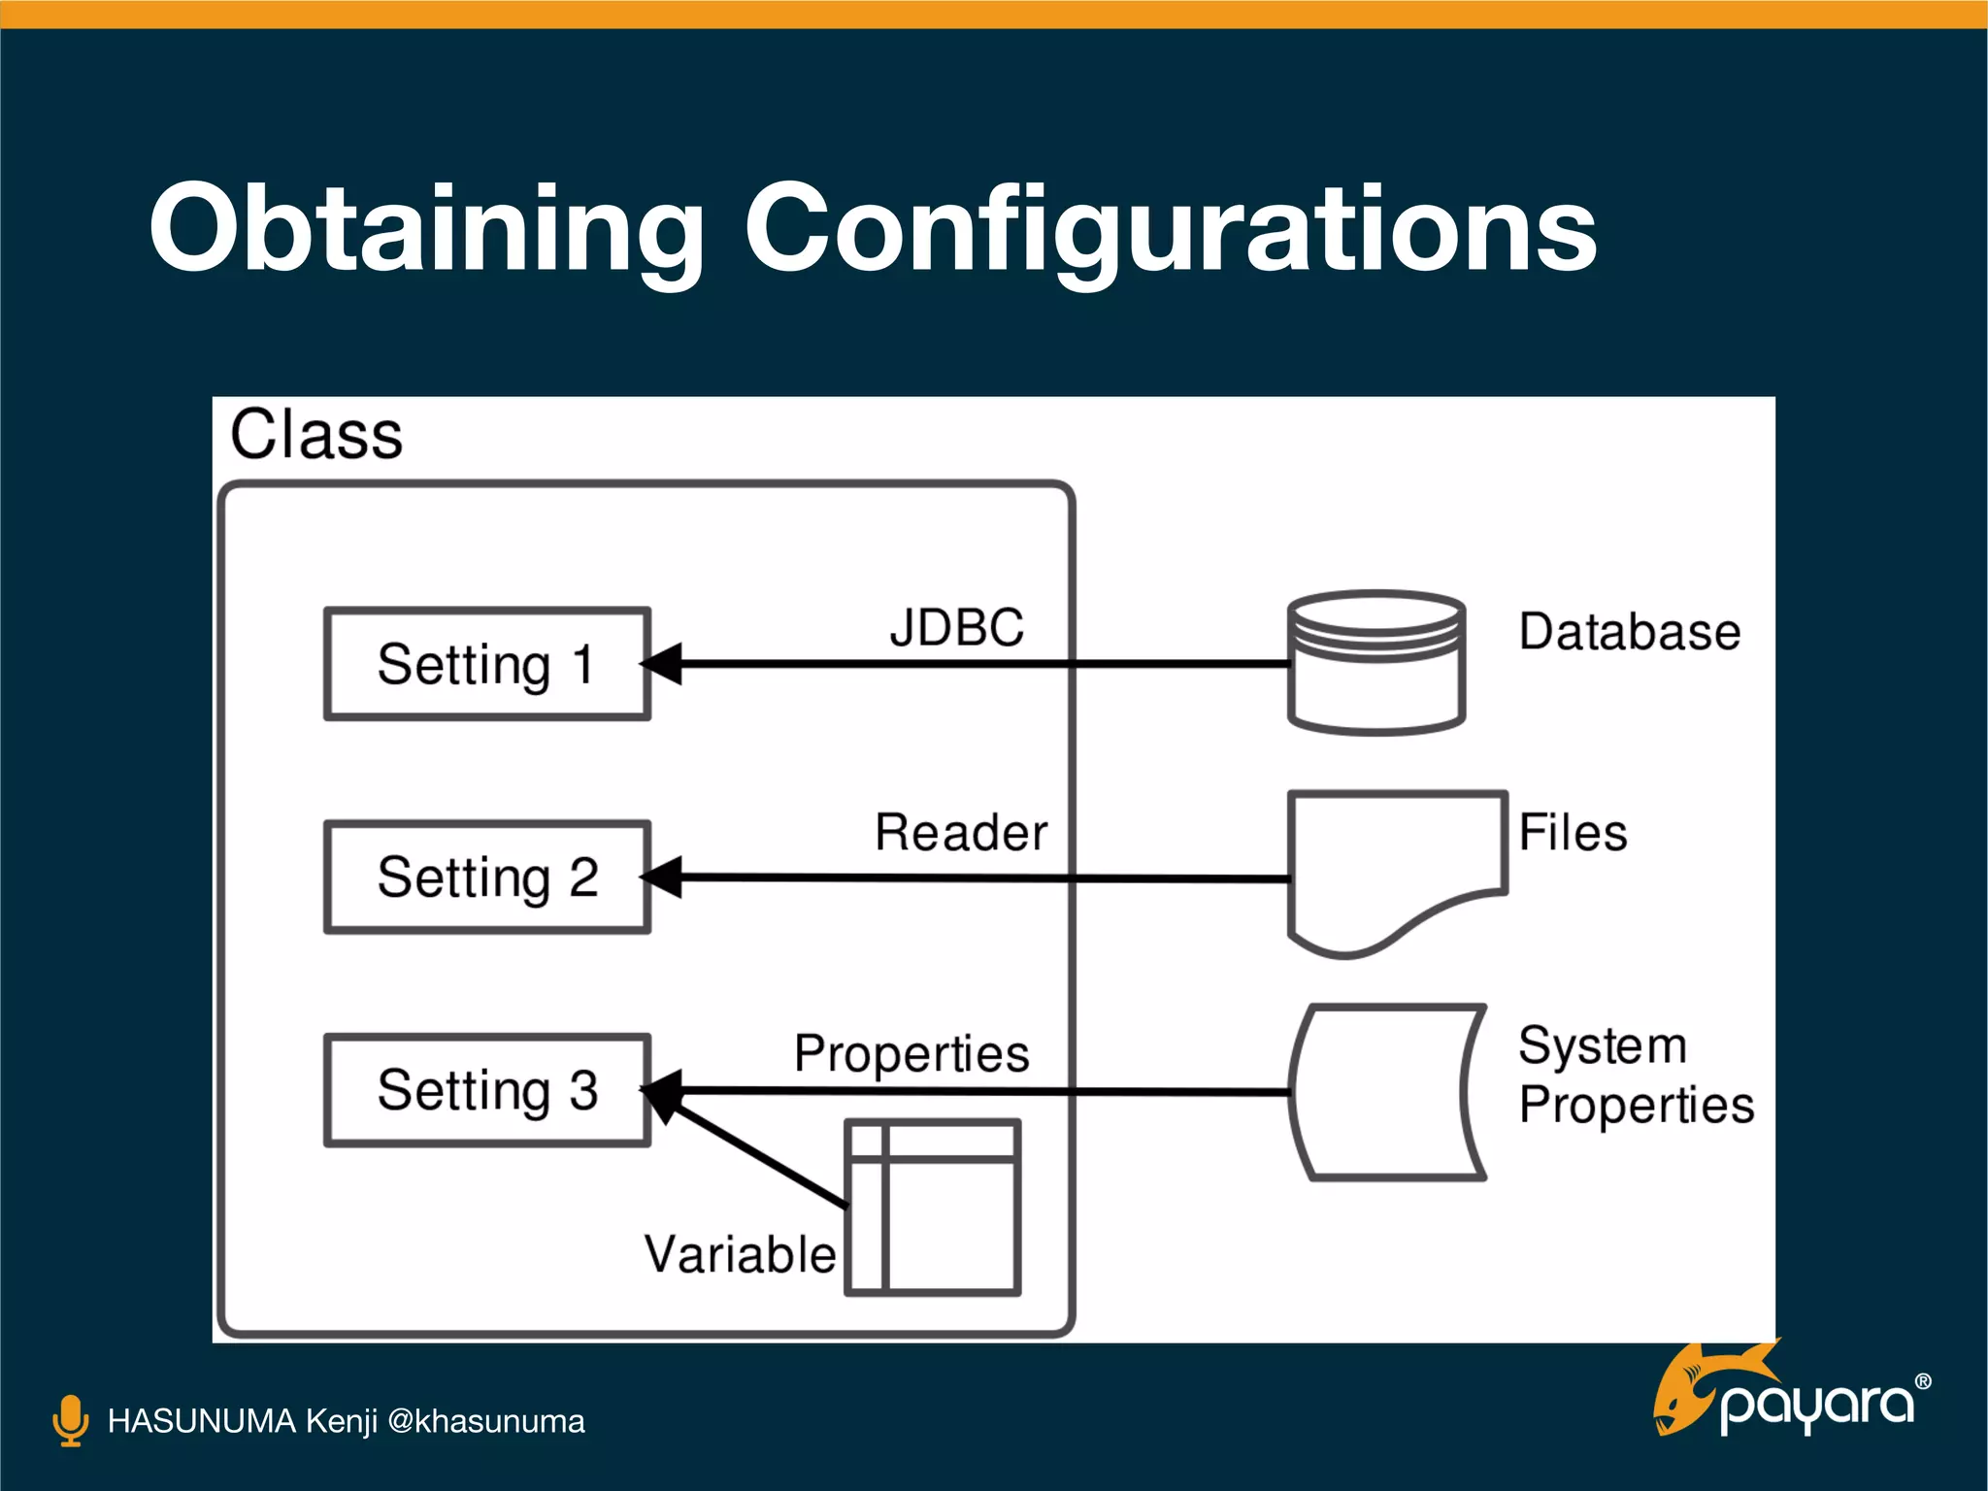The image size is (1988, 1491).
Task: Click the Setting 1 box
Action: pos(486,664)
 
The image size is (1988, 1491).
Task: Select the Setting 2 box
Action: pos(486,878)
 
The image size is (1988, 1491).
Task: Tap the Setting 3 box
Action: pos(486,1090)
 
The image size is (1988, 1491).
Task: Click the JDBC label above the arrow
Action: pos(957,628)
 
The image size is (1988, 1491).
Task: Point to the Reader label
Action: pos(961,833)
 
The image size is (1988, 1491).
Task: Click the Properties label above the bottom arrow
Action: pos(911,1054)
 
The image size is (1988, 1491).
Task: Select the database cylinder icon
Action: pos(1375,663)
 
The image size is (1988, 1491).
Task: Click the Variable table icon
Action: pos(933,1208)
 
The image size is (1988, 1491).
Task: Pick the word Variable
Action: pos(740,1254)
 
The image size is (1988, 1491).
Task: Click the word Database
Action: pos(1630,632)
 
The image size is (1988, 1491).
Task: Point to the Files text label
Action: pos(1573,833)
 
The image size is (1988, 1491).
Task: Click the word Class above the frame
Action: pos(316,435)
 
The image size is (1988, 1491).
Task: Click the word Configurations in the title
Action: pos(1170,229)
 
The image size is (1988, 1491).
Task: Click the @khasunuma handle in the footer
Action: pos(486,1421)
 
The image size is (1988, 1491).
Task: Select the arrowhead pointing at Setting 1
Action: pos(662,664)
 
